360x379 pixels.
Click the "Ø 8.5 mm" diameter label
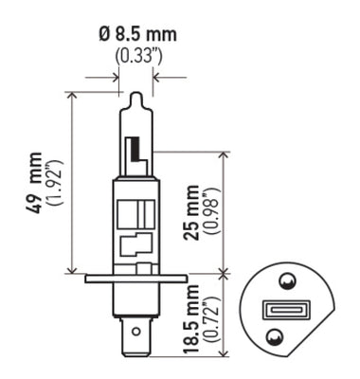click(x=136, y=36)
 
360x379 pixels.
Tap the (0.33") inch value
click(x=136, y=56)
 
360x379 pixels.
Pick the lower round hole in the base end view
click(x=274, y=334)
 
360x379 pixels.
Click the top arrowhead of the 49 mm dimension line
click(x=72, y=96)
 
